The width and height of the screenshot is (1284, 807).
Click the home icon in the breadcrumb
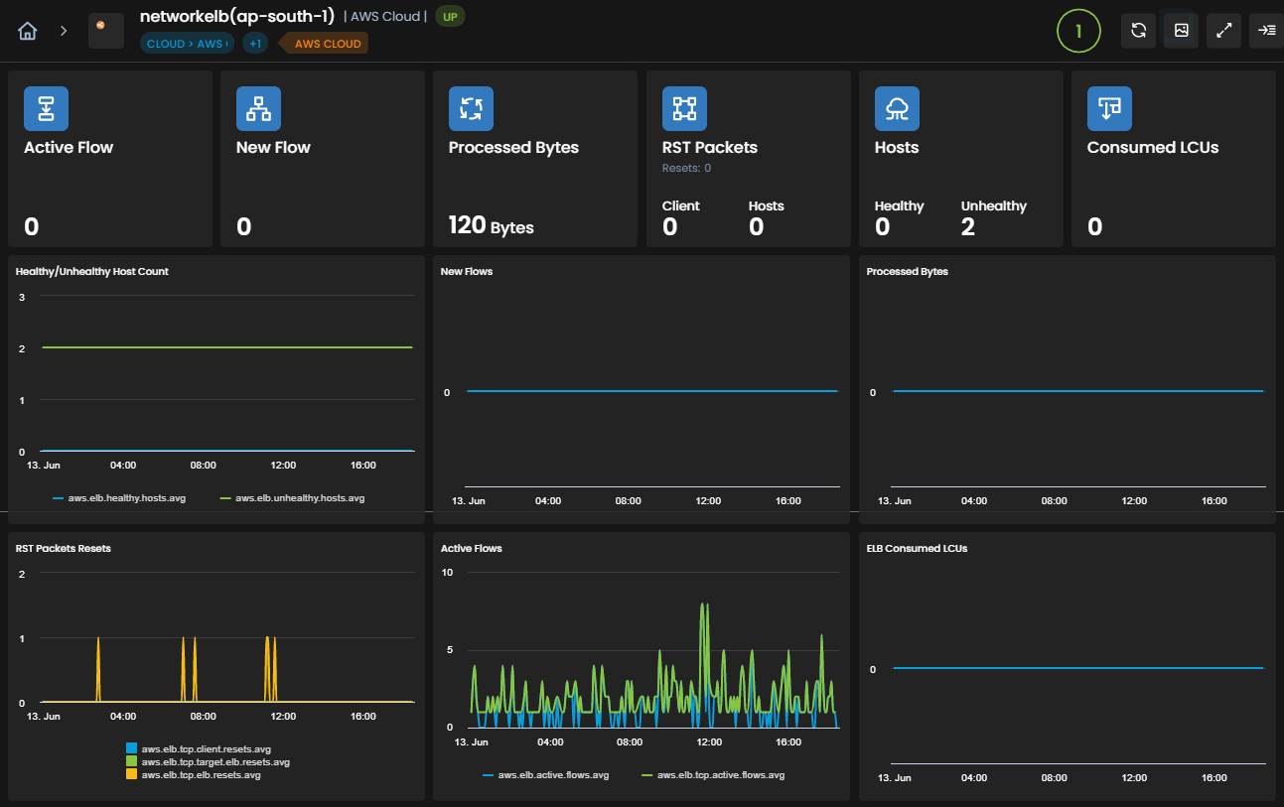(x=27, y=31)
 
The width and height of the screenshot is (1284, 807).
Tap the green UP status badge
(x=450, y=17)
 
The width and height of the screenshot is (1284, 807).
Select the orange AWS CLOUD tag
(x=328, y=44)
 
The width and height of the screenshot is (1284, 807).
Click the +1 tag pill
(x=255, y=44)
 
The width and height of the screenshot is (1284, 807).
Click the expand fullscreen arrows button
(x=1223, y=31)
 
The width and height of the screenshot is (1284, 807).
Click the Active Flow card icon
(x=46, y=109)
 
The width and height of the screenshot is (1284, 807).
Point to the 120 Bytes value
(x=491, y=226)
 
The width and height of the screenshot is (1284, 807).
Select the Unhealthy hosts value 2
(x=967, y=227)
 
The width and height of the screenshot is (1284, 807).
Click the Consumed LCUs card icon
(x=1109, y=109)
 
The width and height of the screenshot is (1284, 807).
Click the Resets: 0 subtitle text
(x=686, y=168)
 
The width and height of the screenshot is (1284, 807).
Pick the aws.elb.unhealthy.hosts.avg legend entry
(x=292, y=498)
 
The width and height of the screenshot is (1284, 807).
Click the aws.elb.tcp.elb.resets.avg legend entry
(x=194, y=775)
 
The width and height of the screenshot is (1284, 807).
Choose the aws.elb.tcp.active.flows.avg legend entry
(x=713, y=775)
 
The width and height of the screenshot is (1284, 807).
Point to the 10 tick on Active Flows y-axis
(x=447, y=572)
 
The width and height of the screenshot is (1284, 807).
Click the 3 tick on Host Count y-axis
(x=22, y=297)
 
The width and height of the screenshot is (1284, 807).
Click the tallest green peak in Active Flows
(x=703, y=605)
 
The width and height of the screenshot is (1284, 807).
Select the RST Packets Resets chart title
(x=63, y=549)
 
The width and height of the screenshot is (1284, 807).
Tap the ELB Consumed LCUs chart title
(x=917, y=549)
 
